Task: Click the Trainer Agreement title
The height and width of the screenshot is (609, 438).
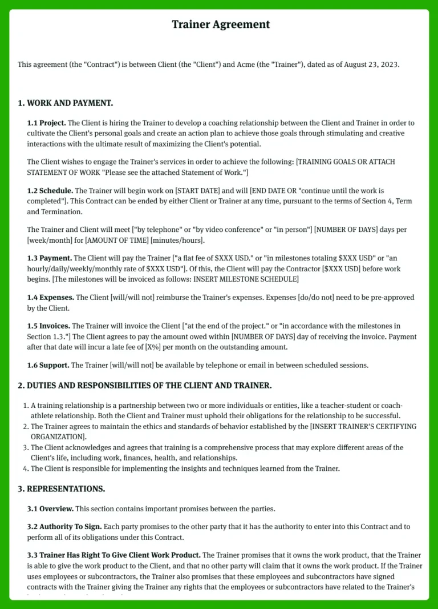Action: pos(221,25)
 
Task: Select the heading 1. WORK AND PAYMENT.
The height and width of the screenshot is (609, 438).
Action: pos(66,103)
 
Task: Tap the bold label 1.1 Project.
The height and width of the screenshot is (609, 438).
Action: pos(47,123)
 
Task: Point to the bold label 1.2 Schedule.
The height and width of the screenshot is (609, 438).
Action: pos(50,190)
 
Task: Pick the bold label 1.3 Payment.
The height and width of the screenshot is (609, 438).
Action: pos(50,258)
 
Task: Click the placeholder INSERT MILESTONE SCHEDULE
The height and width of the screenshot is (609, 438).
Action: pos(246,279)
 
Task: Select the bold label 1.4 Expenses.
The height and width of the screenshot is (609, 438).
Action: pos(50,298)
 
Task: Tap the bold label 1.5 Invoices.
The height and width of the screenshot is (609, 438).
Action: pos(49,326)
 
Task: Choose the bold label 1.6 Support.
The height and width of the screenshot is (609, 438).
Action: pos(48,365)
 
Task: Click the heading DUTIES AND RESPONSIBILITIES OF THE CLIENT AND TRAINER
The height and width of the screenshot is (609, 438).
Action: pos(149,386)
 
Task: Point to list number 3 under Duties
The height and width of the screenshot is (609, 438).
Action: pos(26,448)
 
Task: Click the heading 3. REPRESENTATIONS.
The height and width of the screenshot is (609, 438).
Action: pos(61,489)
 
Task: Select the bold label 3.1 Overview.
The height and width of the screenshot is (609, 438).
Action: pos(50,508)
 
